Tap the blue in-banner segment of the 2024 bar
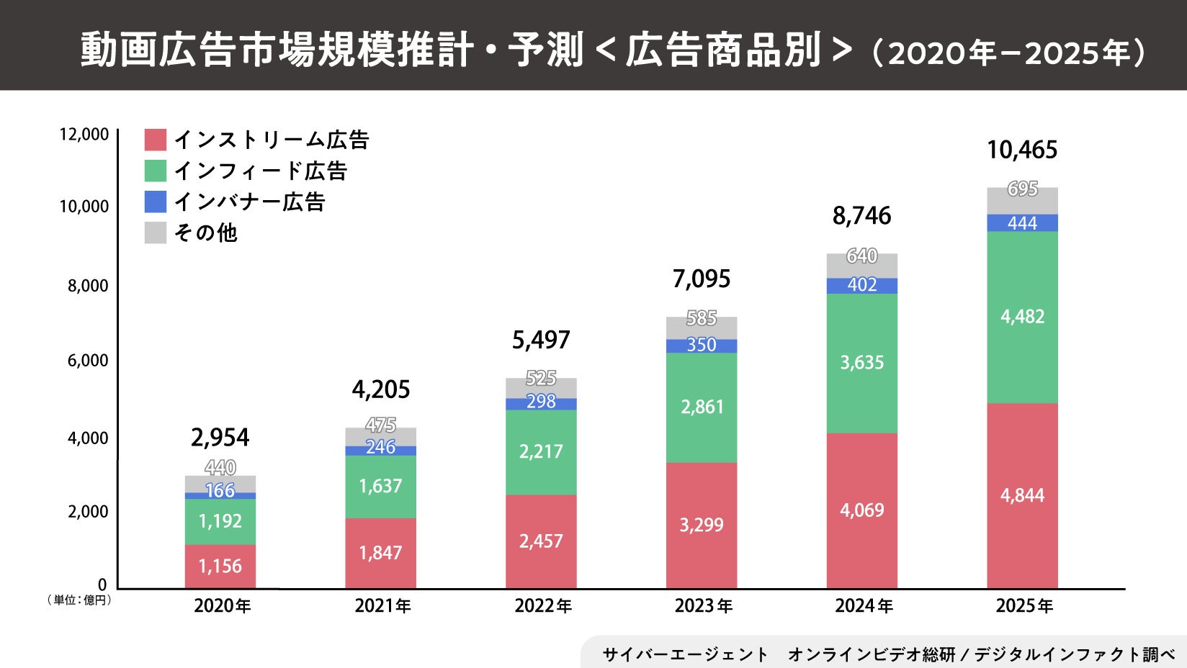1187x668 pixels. click(x=862, y=285)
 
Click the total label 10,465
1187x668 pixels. click(x=1022, y=150)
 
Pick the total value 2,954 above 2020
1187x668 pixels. click(x=220, y=437)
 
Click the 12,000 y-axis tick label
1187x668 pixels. click(x=84, y=135)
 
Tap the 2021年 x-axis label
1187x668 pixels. click(x=382, y=606)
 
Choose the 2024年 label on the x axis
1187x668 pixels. click(x=864, y=606)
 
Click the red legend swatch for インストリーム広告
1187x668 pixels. click(x=156, y=140)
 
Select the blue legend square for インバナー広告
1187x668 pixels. click(x=156, y=202)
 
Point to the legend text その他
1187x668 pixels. click(x=205, y=233)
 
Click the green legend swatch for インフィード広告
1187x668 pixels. click(x=156, y=171)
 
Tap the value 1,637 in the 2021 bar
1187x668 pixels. click(x=380, y=486)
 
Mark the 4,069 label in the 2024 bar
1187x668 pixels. click(x=862, y=510)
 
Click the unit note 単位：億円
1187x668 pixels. click(x=80, y=600)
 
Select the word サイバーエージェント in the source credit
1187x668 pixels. click(x=685, y=654)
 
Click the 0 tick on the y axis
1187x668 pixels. click(x=102, y=584)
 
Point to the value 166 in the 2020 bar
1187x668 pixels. click(x=220, y=491)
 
